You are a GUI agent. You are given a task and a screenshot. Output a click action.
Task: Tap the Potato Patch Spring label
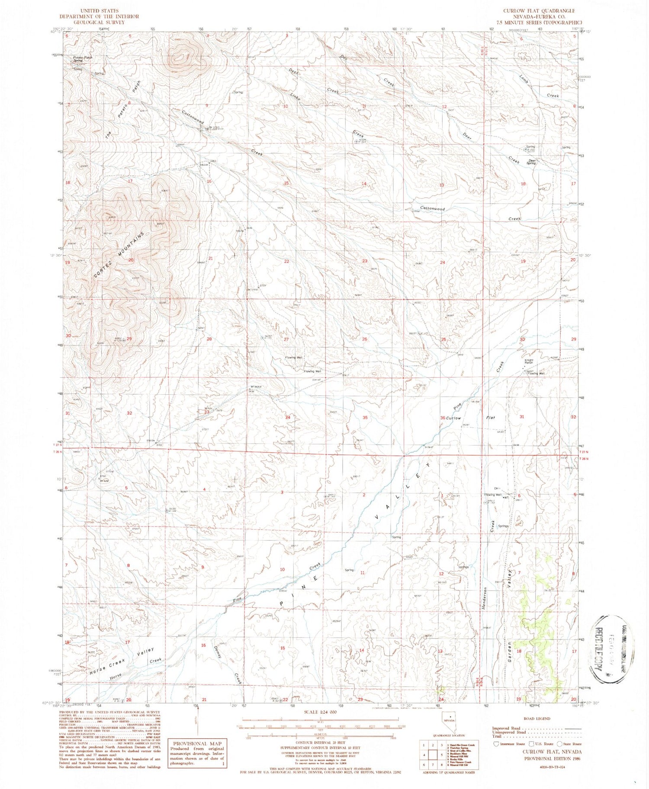coord(82,58)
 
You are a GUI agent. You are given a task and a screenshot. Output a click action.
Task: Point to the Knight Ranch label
coord(529,361)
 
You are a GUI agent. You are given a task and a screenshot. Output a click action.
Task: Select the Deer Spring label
coord(531,162)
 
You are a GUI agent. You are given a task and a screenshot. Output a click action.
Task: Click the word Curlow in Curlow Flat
coord(454,418)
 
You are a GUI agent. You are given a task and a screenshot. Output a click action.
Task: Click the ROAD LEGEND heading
coord(537,719)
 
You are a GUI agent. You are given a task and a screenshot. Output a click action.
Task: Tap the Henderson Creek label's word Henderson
coord(485,599)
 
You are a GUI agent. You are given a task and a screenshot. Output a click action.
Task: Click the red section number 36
coord(443,418)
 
